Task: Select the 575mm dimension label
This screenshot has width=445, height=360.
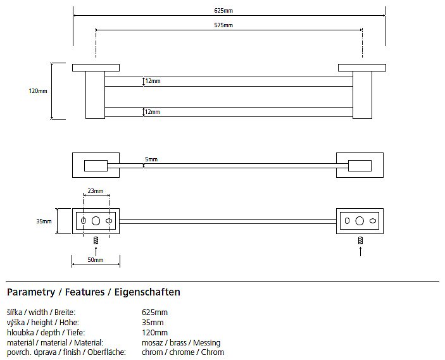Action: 223,25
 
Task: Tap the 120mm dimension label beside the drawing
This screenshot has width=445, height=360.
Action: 38,91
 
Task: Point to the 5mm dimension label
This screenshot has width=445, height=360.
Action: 151,159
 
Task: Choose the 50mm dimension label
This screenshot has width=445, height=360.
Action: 95,260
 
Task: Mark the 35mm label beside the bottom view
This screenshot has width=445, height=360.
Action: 43,221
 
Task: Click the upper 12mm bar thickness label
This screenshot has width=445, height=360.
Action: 152,82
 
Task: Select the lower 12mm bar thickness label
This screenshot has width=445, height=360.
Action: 152,112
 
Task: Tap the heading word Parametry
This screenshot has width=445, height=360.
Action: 30,292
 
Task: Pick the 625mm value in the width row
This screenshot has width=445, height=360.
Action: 155,313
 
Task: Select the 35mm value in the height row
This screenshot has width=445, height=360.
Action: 153,323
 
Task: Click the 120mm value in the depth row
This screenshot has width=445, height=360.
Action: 155,333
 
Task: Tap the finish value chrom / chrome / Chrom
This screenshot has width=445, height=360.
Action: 183,352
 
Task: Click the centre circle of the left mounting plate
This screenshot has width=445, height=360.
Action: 96,221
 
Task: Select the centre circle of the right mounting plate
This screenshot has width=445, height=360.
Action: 360,221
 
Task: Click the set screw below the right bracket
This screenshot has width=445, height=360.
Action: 360,240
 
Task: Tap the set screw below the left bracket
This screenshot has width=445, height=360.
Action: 96,240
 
